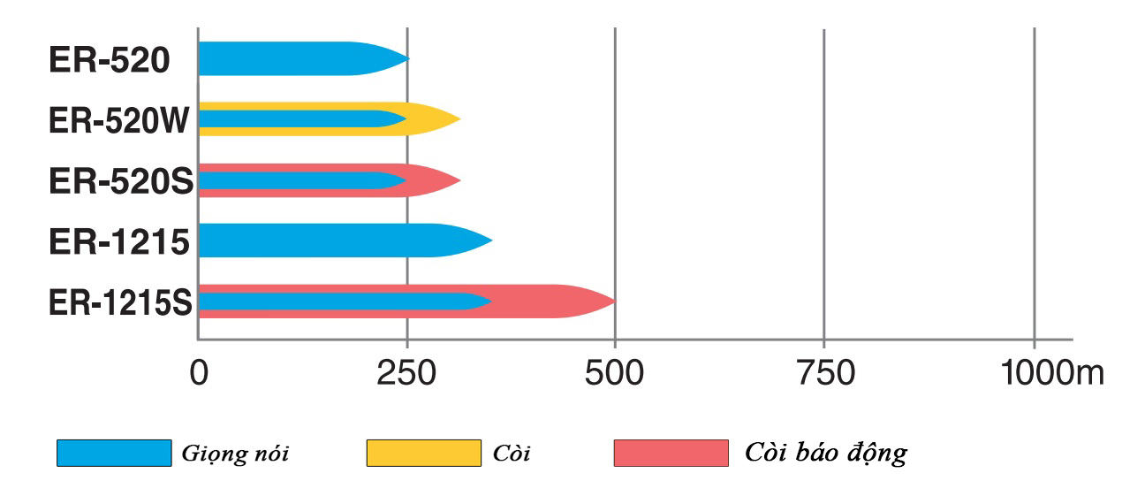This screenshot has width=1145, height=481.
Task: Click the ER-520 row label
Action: click(109, 60)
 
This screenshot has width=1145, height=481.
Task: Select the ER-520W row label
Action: click(119, 120)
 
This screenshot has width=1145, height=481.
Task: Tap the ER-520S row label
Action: click(119, 180)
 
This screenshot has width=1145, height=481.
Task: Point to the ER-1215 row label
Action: click(119, 240)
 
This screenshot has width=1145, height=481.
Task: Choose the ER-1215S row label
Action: click(120, 302)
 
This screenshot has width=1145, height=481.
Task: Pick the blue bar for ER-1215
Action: click(336, 240)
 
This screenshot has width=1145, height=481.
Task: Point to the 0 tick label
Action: click(199, 373)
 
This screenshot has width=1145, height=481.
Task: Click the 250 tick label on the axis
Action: click(406, 373)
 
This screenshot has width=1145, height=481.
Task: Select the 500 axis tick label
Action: click(615, 373)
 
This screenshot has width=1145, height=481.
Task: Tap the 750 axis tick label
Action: click(823, 373)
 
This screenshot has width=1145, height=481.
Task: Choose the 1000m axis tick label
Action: click(1052, 373)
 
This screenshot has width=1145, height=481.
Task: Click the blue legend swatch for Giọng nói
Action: click(114, 453)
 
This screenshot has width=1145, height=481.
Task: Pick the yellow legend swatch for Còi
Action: click(423, 453)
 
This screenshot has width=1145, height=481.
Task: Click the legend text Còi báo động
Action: click(824, 454)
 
